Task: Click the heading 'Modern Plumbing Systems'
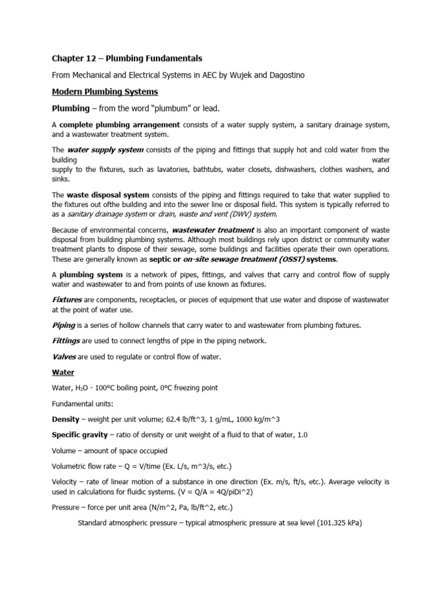coord(105,91)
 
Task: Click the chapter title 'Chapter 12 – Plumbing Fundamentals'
coord(127,58)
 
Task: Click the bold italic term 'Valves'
coord(64,357)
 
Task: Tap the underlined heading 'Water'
coord(63,373)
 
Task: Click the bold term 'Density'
coord(66,419)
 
